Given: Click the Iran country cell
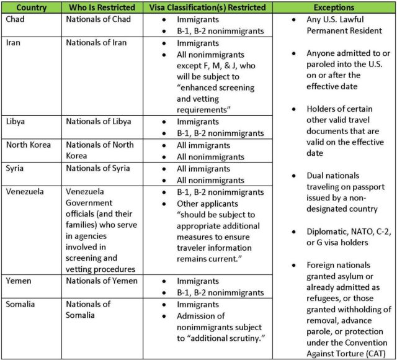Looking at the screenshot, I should [x=15, y=43].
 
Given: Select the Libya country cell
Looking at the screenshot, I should [x=17, y=121].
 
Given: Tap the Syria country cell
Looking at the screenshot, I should [x=16, y=168].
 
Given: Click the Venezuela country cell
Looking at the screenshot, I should [x=25, y=192].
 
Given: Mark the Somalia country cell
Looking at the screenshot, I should [x=22, y=304].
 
